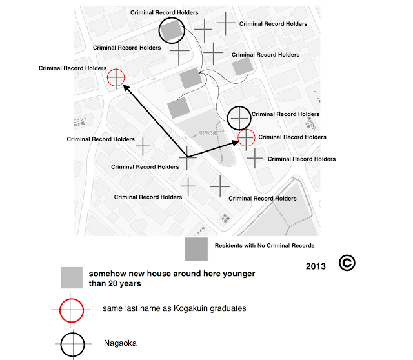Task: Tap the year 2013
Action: [316, 265]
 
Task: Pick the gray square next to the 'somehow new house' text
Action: [72, 277]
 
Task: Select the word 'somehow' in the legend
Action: [107, 274]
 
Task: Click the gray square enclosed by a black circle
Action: [171, 31]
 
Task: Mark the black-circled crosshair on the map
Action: [239, 118]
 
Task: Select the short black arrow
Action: [213, 149]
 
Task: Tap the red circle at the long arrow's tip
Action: [116, 77]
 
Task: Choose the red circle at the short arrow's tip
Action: [247, 138]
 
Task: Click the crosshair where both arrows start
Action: [187, 157]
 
